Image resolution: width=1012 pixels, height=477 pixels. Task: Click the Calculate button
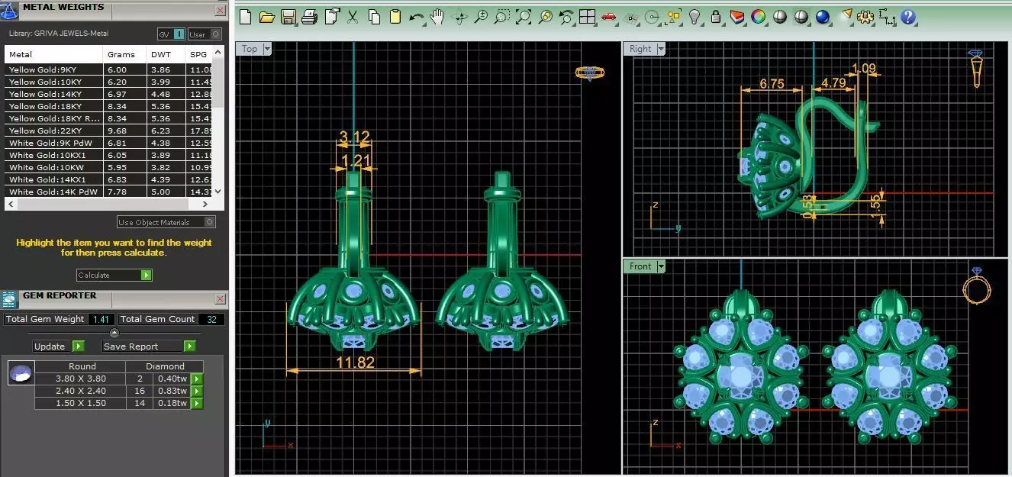coord(114,275)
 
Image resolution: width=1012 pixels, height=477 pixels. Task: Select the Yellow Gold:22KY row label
coord(45,131)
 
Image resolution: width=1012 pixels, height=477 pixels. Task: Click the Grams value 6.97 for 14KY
coord(117,94)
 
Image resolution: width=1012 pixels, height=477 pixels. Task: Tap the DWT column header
coord(162,54)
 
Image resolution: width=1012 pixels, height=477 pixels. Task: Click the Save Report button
coord(148,346)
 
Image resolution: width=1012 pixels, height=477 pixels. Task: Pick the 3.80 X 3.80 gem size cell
coord(81,379)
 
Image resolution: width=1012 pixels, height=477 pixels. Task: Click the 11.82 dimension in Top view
coord(355,363)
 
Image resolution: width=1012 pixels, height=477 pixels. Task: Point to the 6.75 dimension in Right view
coord(772,83)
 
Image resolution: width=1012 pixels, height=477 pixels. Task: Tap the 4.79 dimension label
coord(833,82)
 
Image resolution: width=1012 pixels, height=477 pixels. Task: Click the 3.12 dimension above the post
coord(354,137)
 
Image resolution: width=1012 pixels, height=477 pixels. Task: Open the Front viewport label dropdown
coord(660,266)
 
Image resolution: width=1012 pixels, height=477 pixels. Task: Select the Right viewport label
coord(640,49)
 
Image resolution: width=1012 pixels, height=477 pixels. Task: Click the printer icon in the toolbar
coord(309,17)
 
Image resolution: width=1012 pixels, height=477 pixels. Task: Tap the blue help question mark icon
coord(907,17)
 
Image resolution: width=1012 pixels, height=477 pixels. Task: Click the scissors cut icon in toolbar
coord(353,17)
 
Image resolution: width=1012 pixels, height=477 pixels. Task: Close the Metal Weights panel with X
coord(220,11)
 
